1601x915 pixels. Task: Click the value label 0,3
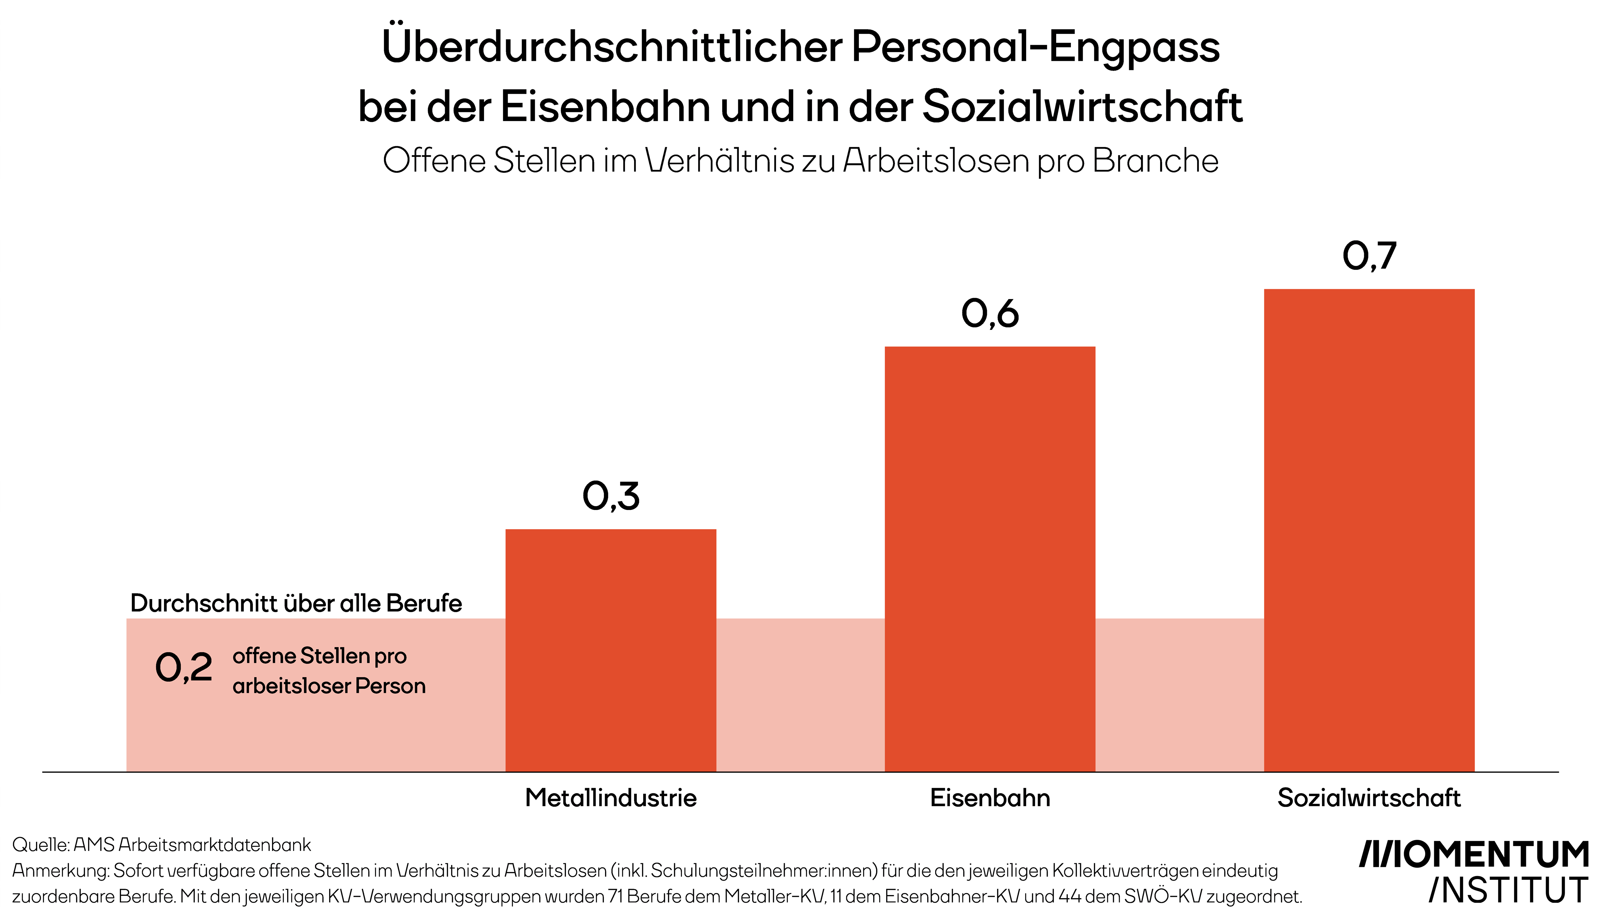[611, 496]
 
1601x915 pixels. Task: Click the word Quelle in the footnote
[40, 844]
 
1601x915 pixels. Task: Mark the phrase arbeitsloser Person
[329, 686]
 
